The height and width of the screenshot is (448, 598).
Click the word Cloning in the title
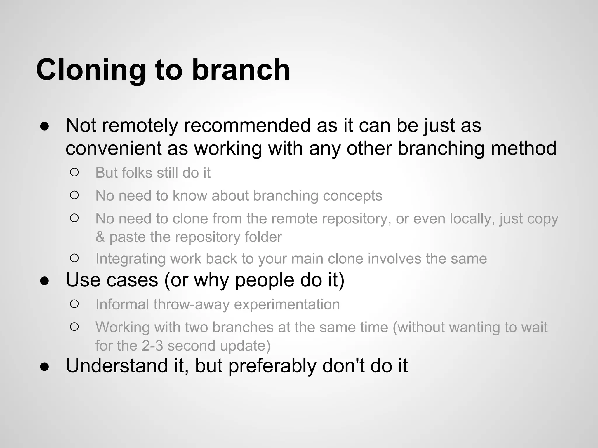91,70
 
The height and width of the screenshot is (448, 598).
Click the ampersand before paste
100,237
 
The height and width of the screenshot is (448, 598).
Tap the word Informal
122,304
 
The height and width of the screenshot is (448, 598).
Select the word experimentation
287,304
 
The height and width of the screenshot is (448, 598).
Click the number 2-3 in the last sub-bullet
152,346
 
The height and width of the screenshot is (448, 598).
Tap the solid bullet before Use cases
44,281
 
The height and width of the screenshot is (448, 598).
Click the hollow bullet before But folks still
74,172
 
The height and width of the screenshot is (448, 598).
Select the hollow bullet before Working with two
74,327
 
